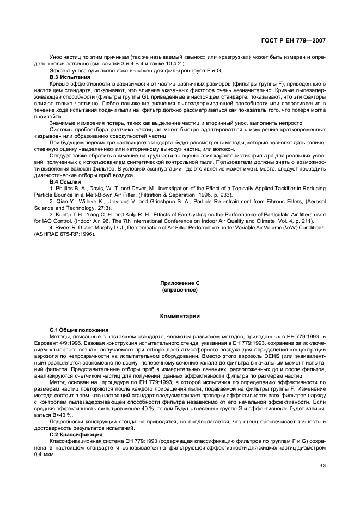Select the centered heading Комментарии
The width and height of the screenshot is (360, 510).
point(179,316)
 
